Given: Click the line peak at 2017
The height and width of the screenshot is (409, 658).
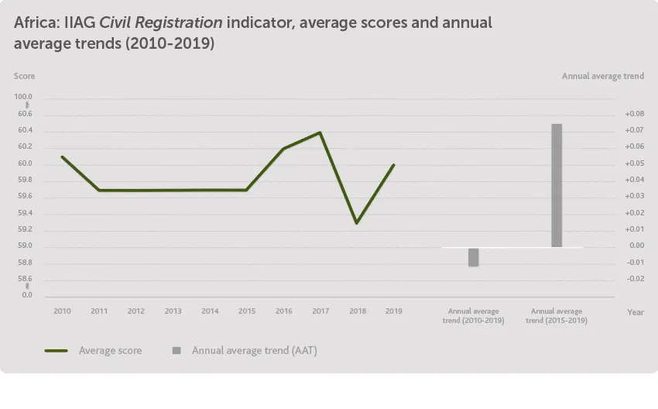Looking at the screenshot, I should (320, 132).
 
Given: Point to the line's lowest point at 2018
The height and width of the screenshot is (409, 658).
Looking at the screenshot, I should (357, 223).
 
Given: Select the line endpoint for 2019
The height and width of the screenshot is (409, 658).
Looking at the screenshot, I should (394, 164).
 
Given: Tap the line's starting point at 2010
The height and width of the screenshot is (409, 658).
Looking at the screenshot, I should (62, 157).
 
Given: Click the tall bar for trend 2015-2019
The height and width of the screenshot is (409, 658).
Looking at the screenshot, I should (557, 186).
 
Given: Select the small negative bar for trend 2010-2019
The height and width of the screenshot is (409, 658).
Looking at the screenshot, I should (473, 256).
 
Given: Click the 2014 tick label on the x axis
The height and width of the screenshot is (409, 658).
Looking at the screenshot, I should (210, 311).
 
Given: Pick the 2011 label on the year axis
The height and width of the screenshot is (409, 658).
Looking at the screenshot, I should (99, 311).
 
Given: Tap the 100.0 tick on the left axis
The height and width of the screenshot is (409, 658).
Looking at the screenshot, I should (24, 97).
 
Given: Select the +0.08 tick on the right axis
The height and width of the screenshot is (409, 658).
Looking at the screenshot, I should (634, 114).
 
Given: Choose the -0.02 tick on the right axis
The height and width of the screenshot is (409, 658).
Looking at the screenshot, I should (635, 279).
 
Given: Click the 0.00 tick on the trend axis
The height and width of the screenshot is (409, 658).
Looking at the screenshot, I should (636, 246).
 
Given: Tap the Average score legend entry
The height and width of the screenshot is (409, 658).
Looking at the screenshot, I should (110, 351).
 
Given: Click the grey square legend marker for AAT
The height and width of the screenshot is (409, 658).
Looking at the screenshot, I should (176, 351).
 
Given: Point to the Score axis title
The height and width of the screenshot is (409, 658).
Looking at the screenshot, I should (24, 76).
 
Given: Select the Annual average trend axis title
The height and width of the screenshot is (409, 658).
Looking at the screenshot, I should (602, 76).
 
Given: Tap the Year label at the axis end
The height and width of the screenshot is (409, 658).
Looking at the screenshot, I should (635, 312).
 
